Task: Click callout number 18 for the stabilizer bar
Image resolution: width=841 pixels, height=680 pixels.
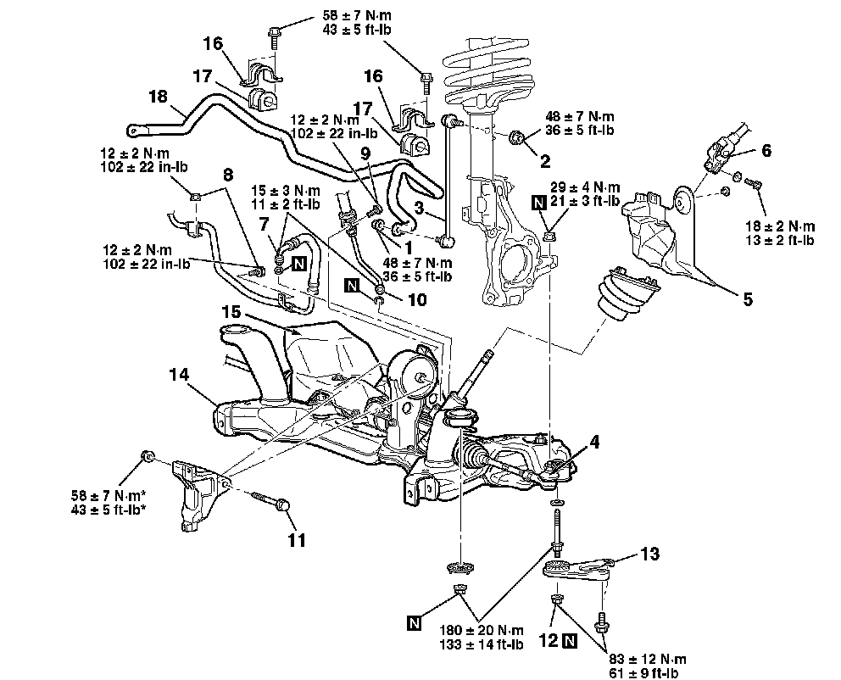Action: [159, 97]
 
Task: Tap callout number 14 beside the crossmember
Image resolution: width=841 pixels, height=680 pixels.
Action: [179, 374]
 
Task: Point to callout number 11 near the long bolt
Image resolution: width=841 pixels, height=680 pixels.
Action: [297, 539]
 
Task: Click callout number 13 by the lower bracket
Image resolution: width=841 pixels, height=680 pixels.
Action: [649, 553]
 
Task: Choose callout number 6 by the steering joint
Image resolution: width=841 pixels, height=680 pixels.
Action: [766, 151]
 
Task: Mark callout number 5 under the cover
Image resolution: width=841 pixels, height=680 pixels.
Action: [748, 298]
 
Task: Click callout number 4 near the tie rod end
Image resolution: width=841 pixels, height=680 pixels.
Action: [593, 442]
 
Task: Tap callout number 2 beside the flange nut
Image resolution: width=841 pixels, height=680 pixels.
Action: [545, 161]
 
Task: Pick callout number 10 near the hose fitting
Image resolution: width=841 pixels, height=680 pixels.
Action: [417, 299]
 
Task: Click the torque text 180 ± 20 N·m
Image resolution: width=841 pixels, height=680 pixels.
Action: [481, 630]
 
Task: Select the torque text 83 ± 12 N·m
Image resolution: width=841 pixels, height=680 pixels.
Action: [648, 659]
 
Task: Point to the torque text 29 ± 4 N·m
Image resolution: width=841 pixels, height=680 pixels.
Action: [585, 187]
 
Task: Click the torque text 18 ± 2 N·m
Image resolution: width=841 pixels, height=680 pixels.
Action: [780, 226]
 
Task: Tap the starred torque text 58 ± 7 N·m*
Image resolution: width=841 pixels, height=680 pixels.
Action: [109, 494]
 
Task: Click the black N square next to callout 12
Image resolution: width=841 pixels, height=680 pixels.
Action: [571, 641]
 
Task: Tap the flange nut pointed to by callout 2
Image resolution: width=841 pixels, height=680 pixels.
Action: [516, 138]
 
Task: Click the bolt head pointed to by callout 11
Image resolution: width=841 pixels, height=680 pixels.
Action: [283, 504]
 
